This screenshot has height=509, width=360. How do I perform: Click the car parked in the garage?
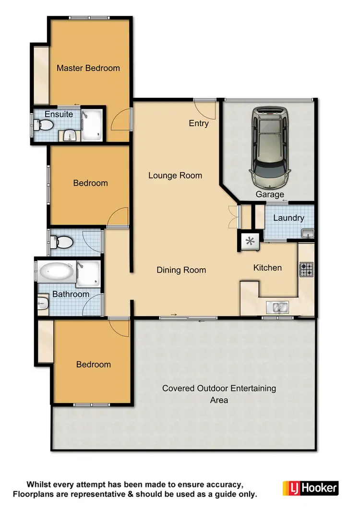click(269, 147)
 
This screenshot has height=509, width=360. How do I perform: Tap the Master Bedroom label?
click(88, 68)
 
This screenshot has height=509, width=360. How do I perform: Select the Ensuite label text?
click(59, 114)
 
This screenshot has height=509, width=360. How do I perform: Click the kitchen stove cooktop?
click(306, 270)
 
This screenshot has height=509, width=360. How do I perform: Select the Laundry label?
click(288, 218)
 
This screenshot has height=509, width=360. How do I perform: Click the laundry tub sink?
click(308, 234)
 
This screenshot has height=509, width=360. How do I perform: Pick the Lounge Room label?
click(175, 176)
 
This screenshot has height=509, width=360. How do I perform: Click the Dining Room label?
click(181, 270)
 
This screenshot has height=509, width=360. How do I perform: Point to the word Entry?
click(199, 123)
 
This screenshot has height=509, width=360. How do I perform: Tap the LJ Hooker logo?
click(311, 488)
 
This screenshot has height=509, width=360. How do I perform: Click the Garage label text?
click(269, 194)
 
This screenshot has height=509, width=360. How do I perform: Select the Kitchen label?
click(267, 268)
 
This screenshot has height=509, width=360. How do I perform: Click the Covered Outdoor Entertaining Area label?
click(219, 394)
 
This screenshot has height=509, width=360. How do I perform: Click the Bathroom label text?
click(71, 294)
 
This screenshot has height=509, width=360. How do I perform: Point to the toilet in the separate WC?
click(61, 242)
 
